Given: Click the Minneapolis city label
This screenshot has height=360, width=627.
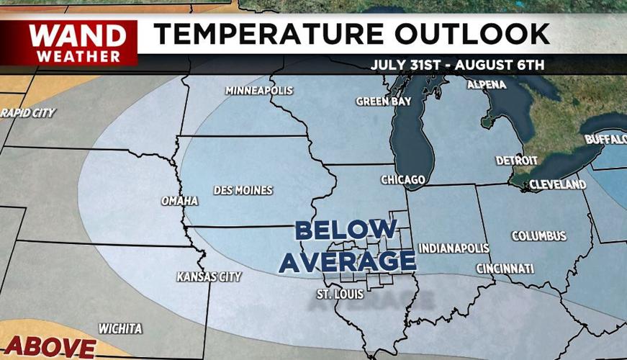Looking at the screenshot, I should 259,91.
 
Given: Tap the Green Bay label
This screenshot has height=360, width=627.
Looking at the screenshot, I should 384,102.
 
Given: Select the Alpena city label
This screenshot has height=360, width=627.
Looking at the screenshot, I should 487,85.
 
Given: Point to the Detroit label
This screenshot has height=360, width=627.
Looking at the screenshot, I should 517,160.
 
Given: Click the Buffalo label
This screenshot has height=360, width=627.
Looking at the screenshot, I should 605,139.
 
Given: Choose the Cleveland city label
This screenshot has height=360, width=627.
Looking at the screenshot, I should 557,185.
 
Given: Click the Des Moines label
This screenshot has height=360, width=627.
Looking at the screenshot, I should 243,191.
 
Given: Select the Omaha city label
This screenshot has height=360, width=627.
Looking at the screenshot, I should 179,201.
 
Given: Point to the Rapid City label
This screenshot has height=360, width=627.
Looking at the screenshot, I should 27,113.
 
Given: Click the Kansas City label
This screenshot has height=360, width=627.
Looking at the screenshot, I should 209,276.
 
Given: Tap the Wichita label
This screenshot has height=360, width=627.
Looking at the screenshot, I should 120,329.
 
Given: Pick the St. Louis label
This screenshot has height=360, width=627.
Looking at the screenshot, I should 340,294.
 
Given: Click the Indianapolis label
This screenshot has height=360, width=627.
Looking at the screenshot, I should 454,248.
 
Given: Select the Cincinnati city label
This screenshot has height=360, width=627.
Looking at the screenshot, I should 505,269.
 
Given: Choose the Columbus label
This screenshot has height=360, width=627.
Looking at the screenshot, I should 538,236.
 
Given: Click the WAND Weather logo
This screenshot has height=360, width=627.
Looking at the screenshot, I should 75,42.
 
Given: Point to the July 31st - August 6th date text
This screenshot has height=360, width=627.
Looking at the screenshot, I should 458,65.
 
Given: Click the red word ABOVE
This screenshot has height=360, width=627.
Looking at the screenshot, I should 49,347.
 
